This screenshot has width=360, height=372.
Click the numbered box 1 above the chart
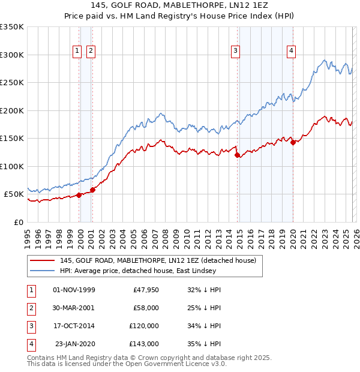click(x=77, y=52)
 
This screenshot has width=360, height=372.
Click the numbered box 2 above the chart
click(x=90, y=52)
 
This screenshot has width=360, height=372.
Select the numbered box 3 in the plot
click(x=236, y=52)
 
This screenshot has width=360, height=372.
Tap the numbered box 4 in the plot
click(x=290, y=52)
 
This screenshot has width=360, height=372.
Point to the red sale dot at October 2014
click(x=238, y=155)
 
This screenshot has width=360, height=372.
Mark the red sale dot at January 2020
click(x=293, y=142)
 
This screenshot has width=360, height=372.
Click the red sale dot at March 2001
click(x=92, y=190)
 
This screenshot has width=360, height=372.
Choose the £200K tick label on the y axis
click(x=12, y=110)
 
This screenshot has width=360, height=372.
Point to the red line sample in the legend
click(x=42, y=260)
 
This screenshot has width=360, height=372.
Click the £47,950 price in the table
click(x=144, y=290)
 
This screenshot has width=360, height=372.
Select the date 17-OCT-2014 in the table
click(x=74, y=326)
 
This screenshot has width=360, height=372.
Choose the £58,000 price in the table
click(x=144, y=308)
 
